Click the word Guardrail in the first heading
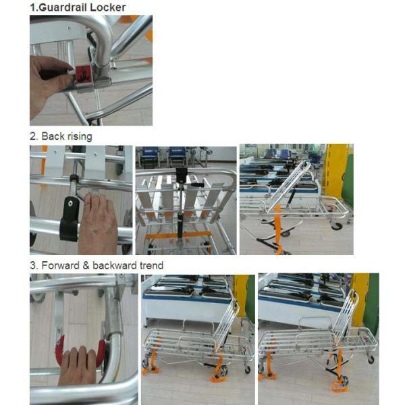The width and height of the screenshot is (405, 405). coord(64,7)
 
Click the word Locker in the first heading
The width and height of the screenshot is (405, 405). coord(108,7)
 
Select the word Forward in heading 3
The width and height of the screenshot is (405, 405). coord(59,265)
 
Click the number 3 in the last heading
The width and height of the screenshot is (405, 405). coord(32,265)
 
